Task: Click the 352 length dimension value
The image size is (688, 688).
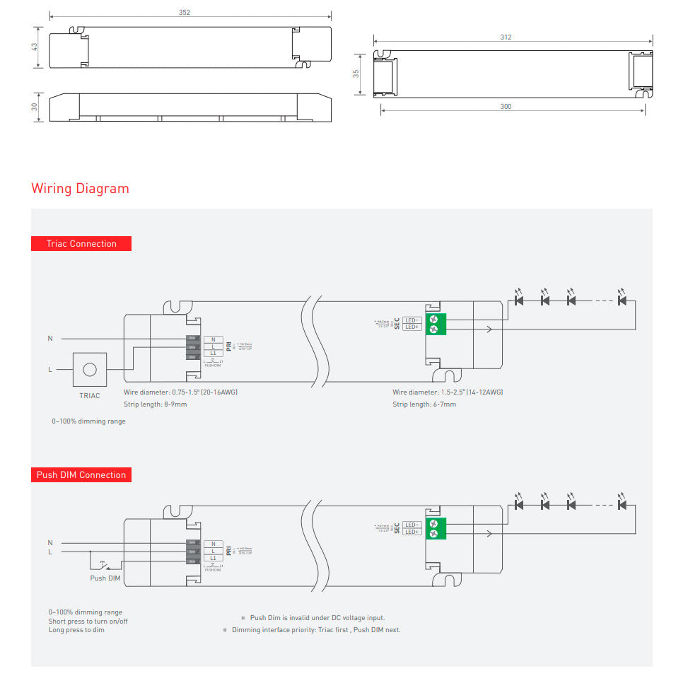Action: tap(185, 13)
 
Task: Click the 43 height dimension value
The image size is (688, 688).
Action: tap(35, 47)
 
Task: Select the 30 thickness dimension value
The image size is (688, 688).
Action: tap(35, 107)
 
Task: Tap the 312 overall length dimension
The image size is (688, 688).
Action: tap(506, 37)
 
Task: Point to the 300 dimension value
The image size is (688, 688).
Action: tap(506, 107)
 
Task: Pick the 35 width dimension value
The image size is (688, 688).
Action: tap(357, 73)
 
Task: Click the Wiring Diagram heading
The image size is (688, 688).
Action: tap(80, 189)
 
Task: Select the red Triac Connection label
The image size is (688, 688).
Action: tap(81, 243)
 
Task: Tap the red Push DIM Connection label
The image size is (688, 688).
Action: tap(81, 474)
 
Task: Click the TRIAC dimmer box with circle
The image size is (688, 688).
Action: tap(90, 369)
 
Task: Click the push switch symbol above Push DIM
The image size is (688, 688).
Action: tap(105, 565)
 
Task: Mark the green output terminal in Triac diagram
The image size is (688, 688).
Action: tap(433, 324)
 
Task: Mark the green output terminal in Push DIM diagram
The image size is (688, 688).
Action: tap(433, 527)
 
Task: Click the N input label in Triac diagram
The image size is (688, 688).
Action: tap(50, 339)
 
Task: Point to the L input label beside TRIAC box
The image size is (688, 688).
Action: tap(50, 369)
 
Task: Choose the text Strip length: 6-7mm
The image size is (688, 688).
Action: tap(424, 404)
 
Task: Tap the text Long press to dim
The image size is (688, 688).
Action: tap(76, 629)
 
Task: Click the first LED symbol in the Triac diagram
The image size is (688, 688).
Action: tap(519, 301)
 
